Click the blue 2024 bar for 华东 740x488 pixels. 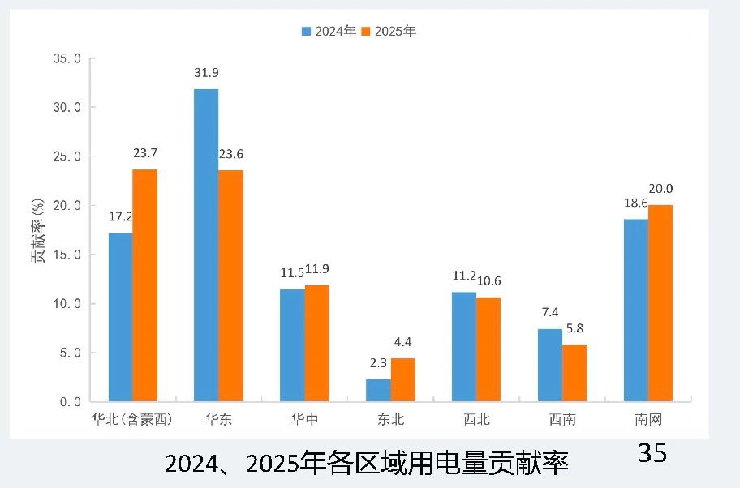[x=206, y=245]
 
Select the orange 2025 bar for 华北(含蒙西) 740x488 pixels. [x=144, y=285]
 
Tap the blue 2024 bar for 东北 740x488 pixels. [x=378, y=390]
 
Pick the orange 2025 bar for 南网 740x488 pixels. [x=660, y=303]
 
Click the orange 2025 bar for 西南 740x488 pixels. [x=574, y=373]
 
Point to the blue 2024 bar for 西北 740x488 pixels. [x=464, y=346]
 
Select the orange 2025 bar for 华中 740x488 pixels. [x=317, y=343]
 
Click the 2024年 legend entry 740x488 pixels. [x=329, y=32]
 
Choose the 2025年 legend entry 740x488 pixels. [x=389, y=32]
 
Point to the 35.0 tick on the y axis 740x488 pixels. [x=66, y=58]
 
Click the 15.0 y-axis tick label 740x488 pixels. [x=66, y=255]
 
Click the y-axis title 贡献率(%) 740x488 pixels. [x=37, y=231]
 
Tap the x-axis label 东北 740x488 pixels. [x=390, y=420]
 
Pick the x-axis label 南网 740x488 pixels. [x=648, y=420]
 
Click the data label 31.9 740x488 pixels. [x=206, y=73]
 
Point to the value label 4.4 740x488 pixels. [x=403, y=342]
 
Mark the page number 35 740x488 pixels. [x=652, y=452]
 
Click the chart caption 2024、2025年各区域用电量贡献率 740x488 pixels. [x=367, y=464]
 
